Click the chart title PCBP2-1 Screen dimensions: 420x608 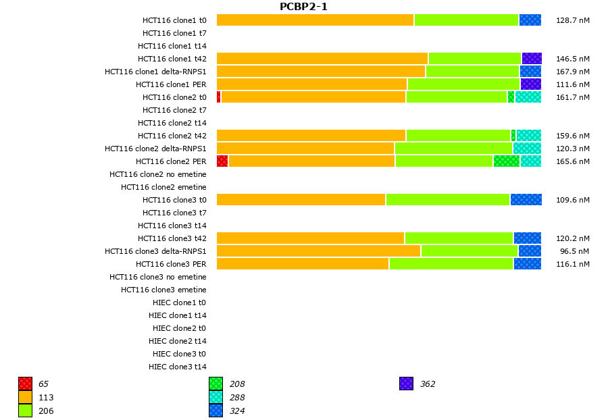[x=303, y=7]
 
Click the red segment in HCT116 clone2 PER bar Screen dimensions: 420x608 [x=222, y=161]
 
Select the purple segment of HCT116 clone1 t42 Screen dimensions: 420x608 [x=532, y=59]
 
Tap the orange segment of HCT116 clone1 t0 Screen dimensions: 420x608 [x=315, y=20]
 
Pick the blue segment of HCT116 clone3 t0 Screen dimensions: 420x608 [x=526, y=199]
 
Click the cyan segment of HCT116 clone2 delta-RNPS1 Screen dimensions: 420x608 [x=527, y=148]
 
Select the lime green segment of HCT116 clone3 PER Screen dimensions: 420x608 [x=451, y=263]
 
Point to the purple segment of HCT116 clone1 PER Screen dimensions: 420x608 [x=531, y=84]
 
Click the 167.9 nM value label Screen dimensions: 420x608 [x=573, y=72]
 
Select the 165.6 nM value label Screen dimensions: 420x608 [x=573, y=161]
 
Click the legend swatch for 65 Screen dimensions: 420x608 [x=26, y=384]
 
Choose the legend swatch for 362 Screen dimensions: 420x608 [x=406, y=384]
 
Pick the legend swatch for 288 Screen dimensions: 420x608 [x=216, y=397]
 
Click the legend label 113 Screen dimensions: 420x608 [x=46, y=397]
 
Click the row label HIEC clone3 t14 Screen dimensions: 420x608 [x=177, y=367]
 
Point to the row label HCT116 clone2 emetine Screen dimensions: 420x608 [x=163, y=187]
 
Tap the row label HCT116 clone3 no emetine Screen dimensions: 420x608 [x=158, y=277]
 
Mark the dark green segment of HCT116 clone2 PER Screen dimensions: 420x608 [x=507, y=161]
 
